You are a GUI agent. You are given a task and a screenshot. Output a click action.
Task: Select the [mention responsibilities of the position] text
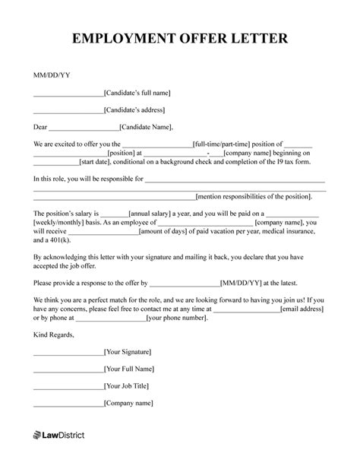[254, 195]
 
